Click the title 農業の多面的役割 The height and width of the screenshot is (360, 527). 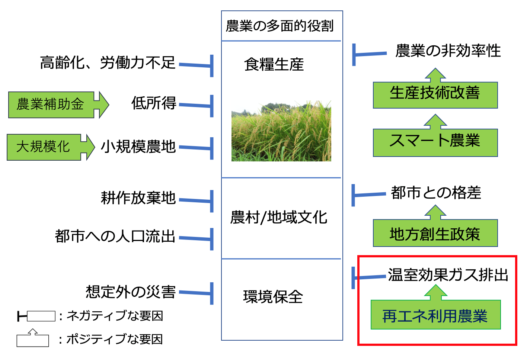coord(280,26)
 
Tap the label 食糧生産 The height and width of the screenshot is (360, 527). coord(274,64)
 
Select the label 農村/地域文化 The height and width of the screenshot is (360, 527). coord(279,218)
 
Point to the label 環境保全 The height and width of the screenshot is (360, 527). coord(273,297)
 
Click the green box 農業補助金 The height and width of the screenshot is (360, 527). coord(51,105)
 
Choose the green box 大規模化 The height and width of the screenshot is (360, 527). coord(44,147)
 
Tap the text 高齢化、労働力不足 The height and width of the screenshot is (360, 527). coord(108,62)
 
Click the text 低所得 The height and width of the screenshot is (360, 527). coord(154,103)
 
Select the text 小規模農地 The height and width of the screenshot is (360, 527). coord(138,147)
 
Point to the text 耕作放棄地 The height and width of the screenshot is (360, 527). coord(138,198)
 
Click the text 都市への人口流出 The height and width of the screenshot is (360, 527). coord(115,236)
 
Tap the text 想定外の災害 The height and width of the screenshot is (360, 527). coord(131,292)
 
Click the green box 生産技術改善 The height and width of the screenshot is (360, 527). coord(435,93)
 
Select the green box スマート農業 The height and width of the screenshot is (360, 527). coord(435,141)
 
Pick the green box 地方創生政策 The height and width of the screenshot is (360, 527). coord(435,234)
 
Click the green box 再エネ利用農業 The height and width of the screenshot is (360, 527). coord(435,316)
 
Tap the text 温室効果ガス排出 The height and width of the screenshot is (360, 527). coord(448,275)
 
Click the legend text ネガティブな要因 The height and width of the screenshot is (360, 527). coord(115,316)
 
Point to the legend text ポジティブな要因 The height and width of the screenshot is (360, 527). coord(115,339)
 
